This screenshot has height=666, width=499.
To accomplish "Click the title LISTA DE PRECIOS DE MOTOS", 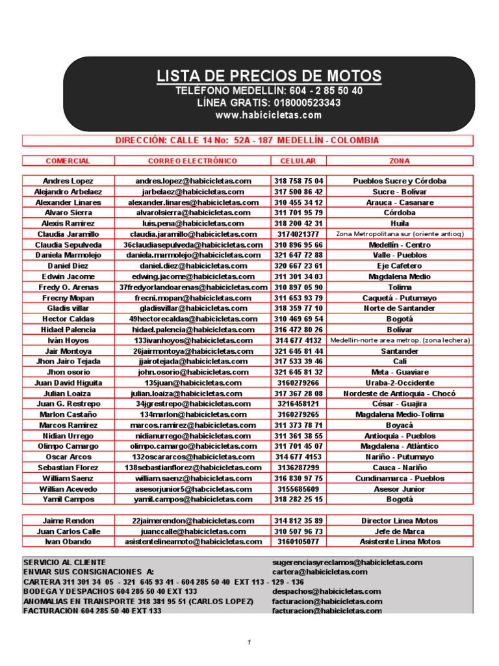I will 268,75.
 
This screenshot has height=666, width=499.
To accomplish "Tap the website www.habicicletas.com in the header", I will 268,115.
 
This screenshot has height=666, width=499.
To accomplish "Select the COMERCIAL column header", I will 68,161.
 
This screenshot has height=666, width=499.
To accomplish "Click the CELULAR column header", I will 298,161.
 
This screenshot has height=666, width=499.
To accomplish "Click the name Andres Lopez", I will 68,181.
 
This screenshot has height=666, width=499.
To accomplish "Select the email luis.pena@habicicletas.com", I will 193,223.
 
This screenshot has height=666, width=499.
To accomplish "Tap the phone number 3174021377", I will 298,234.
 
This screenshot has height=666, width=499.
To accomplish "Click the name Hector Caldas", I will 68,319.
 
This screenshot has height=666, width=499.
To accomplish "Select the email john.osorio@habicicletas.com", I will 193,372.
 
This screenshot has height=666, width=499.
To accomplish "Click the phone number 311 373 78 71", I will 298,425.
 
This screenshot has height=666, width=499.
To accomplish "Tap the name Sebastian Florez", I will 68,468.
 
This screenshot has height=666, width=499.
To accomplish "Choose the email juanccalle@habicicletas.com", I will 193,531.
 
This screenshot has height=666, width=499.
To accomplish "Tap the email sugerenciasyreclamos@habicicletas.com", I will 347,562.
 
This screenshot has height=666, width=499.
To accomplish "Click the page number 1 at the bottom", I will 248,643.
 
